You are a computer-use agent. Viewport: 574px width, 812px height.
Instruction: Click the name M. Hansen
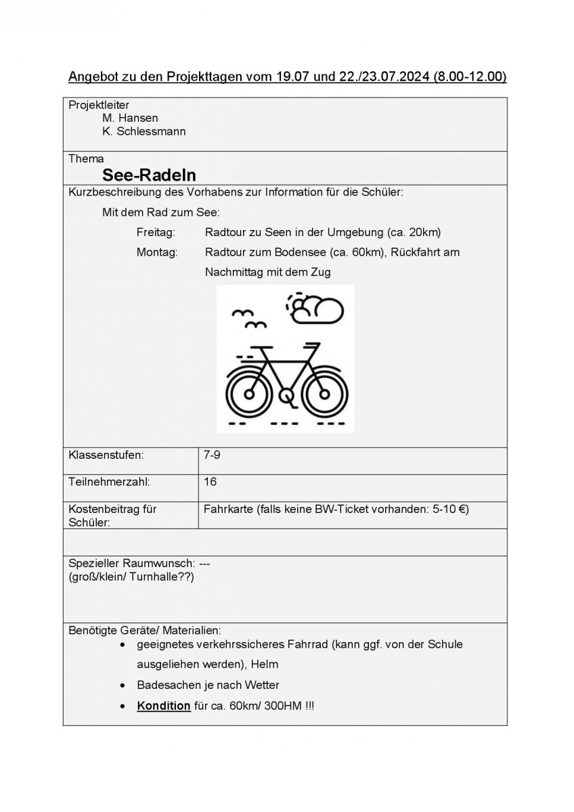point(130,118)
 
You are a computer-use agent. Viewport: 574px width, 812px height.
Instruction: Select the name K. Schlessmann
point(143,131)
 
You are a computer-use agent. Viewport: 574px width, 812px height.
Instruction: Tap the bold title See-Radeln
point(149,176)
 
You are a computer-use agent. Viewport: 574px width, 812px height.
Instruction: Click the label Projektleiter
point(99,105)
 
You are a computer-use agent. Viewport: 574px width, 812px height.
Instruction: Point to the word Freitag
point(156,233)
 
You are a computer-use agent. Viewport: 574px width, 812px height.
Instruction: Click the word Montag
point(157,252)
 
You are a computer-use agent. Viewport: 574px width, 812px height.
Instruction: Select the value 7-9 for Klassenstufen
point(212,455)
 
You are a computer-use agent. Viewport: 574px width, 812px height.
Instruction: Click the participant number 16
point(210,482)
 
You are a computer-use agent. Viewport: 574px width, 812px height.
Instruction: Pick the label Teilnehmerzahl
point(109,482)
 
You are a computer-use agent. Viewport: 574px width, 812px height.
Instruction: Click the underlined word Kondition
point(164,706)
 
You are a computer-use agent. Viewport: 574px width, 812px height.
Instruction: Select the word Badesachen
point(166,685)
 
